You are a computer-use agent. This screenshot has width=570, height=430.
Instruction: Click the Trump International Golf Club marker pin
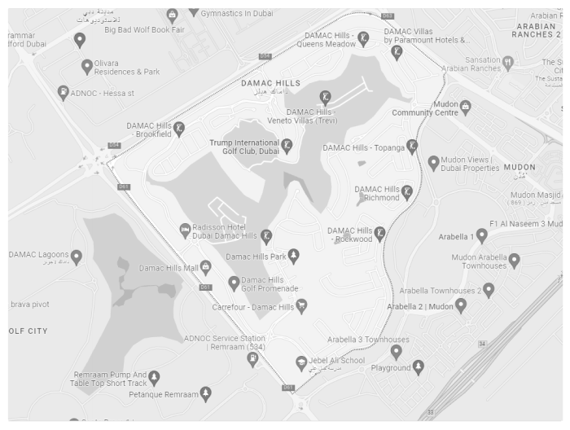(287, 145)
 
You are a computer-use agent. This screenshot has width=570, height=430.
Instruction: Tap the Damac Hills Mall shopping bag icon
(206, 267)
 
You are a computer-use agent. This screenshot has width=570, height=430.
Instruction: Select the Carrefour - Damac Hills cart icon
(301, 305)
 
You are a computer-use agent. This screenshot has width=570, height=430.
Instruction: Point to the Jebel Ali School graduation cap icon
(301, 363)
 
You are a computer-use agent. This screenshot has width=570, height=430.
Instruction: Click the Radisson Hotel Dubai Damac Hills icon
(185, 230)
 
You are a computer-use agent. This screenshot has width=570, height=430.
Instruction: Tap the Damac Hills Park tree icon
(293, 256)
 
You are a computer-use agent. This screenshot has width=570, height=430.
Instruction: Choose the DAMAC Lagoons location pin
(77, 257)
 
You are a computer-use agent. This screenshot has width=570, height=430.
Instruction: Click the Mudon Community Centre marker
(465, 107)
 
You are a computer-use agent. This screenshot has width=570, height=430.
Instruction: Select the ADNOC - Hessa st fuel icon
(64, 92)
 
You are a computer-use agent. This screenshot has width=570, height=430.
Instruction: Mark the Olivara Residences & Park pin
(87, 66)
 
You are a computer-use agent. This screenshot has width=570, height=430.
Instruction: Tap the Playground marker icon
(418, 367)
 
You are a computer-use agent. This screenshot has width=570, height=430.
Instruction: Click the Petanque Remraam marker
(205, 394)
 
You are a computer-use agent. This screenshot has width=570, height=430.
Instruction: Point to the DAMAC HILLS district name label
(271, 83)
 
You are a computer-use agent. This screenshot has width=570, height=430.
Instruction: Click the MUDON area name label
(520, 168)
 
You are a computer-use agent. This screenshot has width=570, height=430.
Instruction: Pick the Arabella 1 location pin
(482, 235)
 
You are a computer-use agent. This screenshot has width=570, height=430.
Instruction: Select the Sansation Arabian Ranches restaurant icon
(508, 62)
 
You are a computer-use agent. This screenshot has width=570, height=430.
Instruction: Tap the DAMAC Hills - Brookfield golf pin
(179, 128)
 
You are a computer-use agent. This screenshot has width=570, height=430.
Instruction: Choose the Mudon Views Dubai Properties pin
(434, 163)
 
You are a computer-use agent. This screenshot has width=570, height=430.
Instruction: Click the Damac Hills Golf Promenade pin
(234, 283)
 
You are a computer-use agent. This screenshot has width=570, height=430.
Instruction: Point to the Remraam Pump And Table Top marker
(154, 377)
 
